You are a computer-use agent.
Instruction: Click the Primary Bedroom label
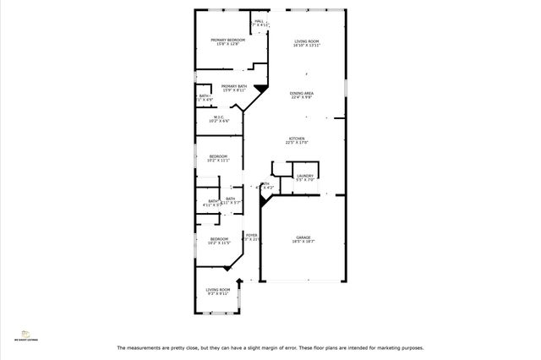click(227, 42)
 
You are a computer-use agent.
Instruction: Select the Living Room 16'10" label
click(306, 43)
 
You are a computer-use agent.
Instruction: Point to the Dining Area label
click(302, 95)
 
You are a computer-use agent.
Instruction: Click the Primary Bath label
click(234, 88)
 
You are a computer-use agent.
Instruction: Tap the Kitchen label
click(297, 140)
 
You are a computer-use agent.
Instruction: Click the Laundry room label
click(305, 177)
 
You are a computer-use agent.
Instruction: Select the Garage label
click(303, 239)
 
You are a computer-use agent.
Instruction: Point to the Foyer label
click(251, 237)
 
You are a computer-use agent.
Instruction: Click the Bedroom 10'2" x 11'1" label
click(218, 158)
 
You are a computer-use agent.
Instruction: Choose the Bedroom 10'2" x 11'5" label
click(218, 241)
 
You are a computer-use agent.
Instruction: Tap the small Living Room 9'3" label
click(217, 292)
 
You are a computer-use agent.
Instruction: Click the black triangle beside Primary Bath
click(261, 86)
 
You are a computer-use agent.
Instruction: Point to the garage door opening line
click(303, 281)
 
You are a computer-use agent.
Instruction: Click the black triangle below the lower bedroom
click(227, 268)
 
